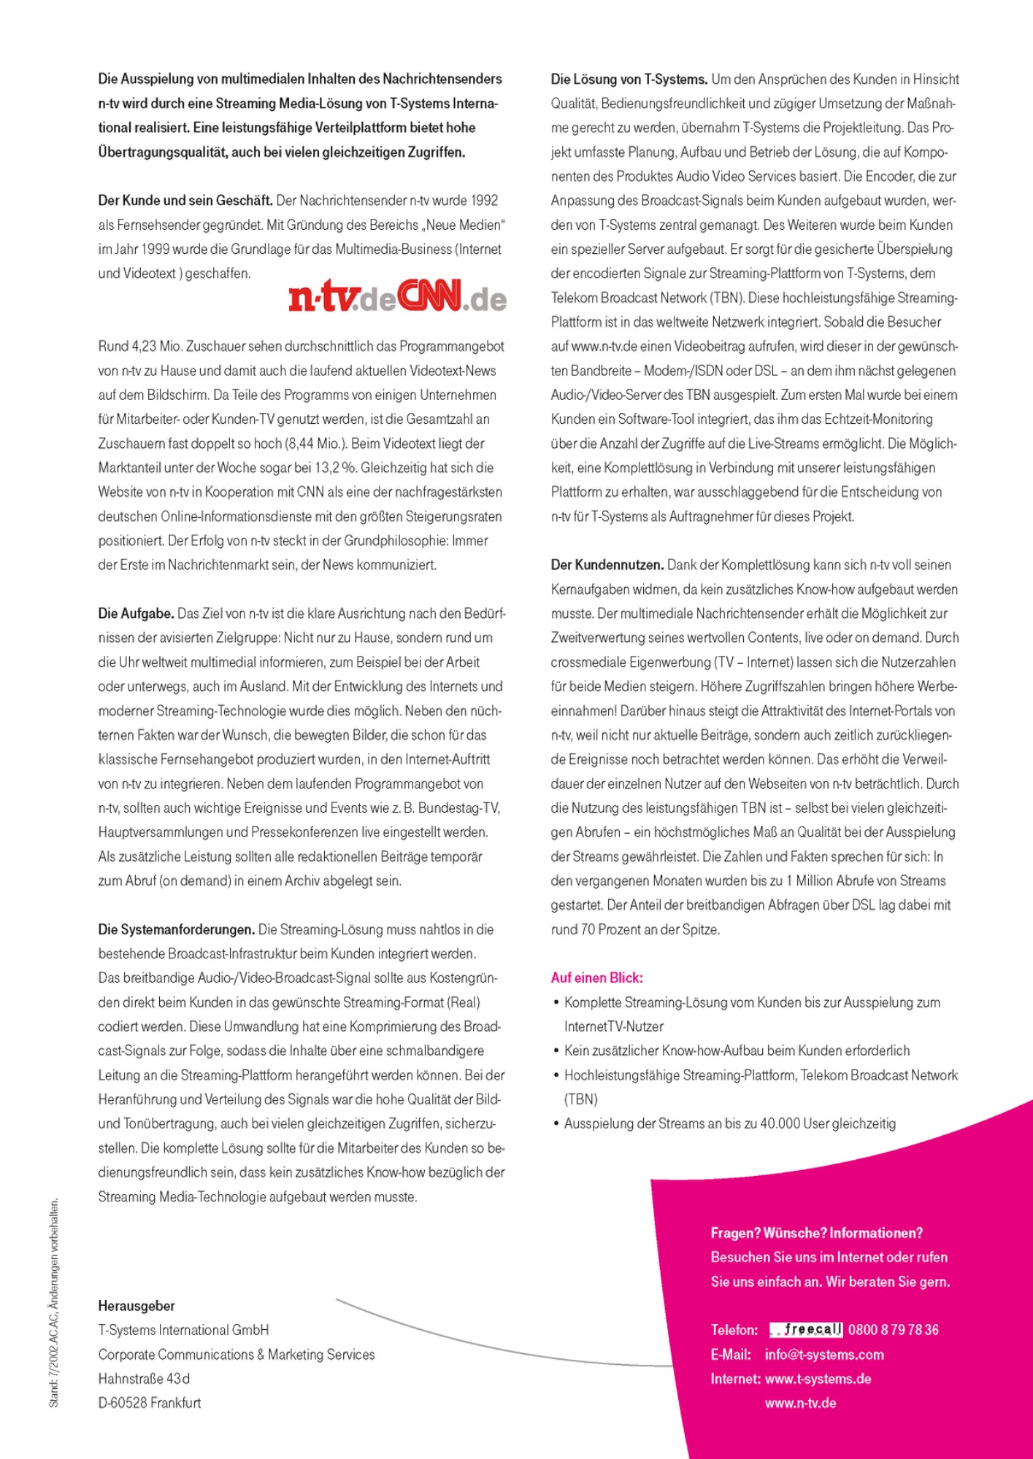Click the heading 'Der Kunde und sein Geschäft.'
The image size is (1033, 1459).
coord(185,201)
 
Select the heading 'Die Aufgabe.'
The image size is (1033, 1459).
coord(136,614)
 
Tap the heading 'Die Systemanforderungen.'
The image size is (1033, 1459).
coord(176,929)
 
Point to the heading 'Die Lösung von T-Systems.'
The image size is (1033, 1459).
coord(629,80)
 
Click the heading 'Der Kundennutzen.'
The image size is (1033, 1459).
coord(607,565)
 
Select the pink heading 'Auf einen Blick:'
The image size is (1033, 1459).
coord(596,978)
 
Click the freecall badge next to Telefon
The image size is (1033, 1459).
coord(806,1330)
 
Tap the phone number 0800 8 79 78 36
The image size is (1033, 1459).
coord(894,1330)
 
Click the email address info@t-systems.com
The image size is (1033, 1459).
coord(824,1355)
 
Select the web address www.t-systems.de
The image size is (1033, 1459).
coord(818,1379)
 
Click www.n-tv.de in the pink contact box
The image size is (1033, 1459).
coord(800,1403)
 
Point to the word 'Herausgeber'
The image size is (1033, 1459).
coord(137,1306)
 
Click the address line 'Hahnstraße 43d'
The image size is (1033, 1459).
coord(144,1379)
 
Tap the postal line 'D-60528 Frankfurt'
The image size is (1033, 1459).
coord(150,1403)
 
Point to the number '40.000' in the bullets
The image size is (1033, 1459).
coord(780,1123)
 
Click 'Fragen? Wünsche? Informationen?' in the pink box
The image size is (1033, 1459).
coord(816,1233)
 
